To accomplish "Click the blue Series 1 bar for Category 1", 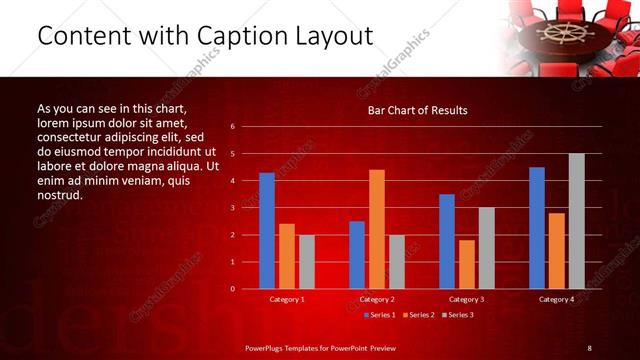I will [267, 231].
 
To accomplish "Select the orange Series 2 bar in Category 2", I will [376, 229].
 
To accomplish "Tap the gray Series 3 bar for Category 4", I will [576, 221].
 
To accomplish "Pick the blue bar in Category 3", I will [446, 241].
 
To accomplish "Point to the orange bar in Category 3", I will [466, 264].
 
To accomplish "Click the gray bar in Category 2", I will [396, 262].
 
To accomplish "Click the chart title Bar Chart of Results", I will [417, 110].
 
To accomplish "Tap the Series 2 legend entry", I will [416, 315].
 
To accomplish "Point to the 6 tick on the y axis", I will [232, 127].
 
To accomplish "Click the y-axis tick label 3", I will [232, 208].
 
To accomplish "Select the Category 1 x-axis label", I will [287, 299].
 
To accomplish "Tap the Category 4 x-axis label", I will [556, 299].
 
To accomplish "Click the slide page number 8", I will [589, 347].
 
